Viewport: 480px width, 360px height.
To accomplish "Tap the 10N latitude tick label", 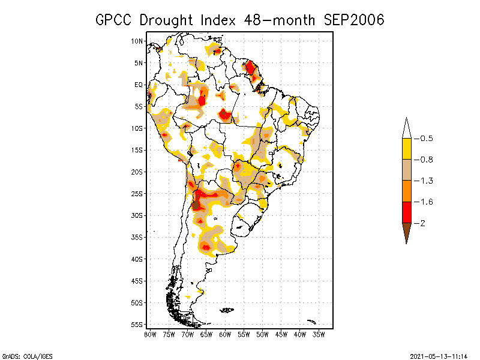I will (137, 41).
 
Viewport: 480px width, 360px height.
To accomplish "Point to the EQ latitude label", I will (139, 85).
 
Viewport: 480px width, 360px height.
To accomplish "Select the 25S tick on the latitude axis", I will (137, 194).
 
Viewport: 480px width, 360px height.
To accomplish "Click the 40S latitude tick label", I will (137, 259).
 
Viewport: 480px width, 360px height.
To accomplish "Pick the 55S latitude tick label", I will (137, 325).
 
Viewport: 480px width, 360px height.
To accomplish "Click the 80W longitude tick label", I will (150, 334).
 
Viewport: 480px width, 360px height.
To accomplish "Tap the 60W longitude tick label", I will (225, 334).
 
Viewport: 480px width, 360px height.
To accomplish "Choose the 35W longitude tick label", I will (319, 334).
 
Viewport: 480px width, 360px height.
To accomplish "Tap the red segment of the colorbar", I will (406, 212).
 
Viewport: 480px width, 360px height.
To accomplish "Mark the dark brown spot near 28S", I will (196, 205).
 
